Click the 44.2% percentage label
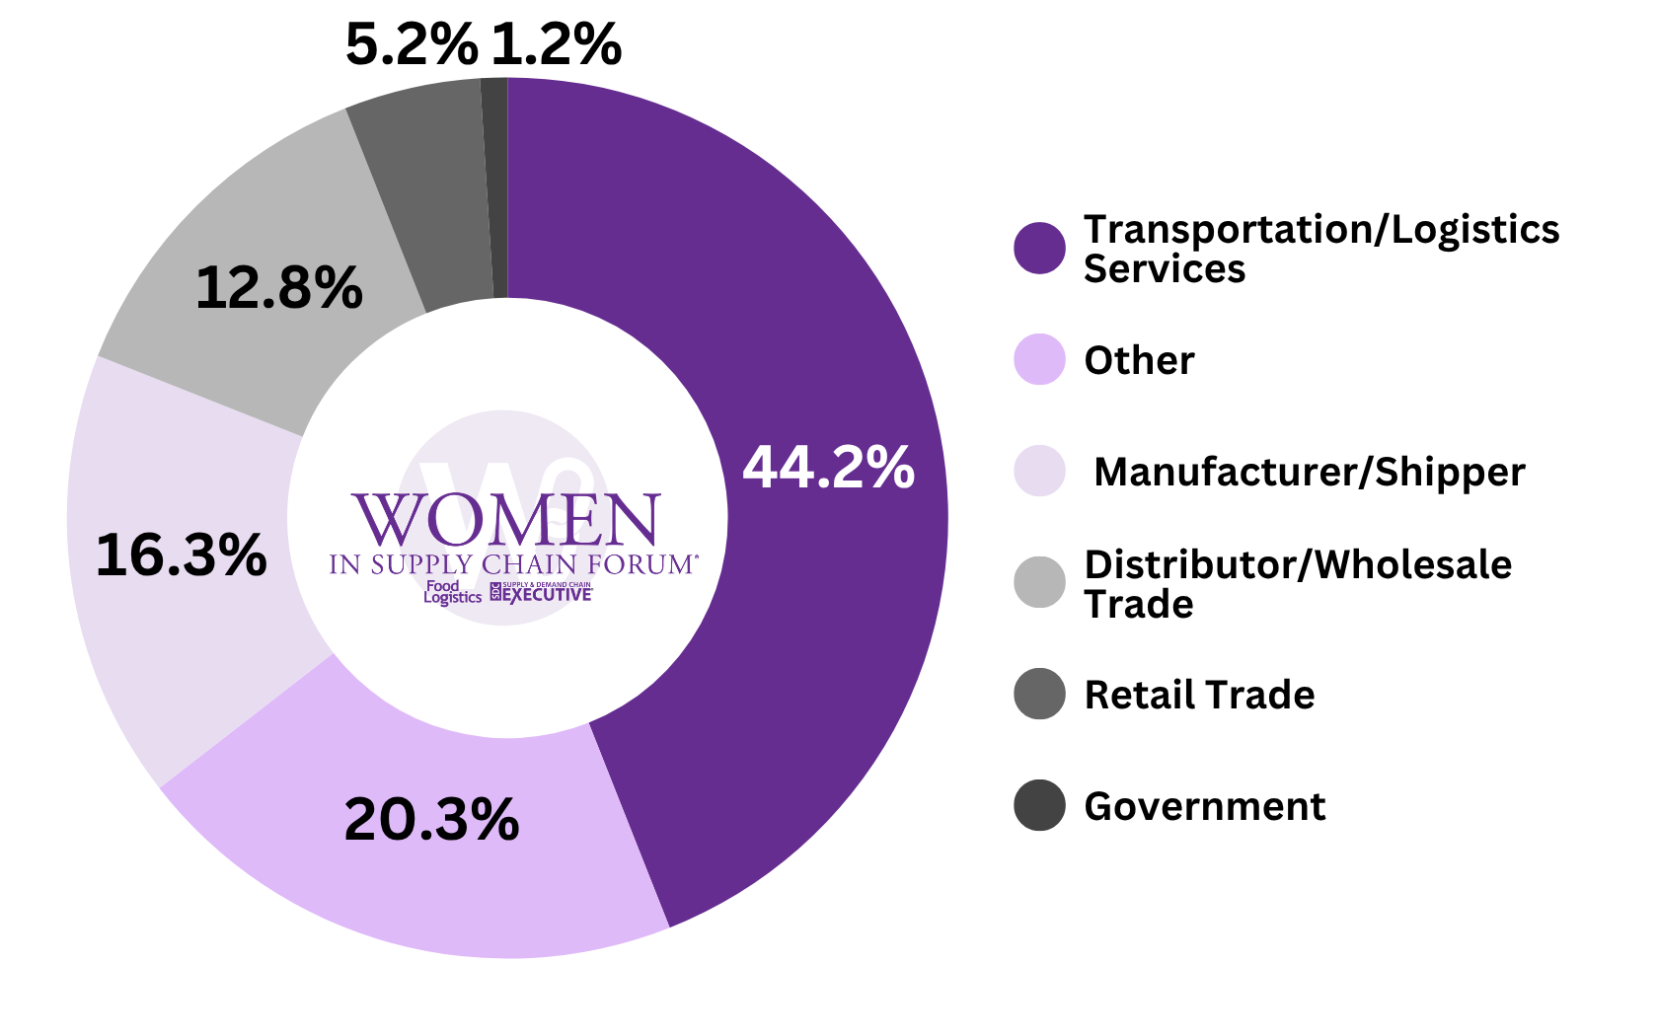828,467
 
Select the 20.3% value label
431,819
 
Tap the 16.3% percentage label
181,555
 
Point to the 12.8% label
279,288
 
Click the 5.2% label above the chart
412,45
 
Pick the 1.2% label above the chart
556,45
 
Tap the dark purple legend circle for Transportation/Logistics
1039,248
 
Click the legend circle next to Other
1039,359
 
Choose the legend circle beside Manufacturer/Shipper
1039,471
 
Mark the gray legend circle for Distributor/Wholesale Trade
1039,582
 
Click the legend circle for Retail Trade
1039,694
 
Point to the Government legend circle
1039,805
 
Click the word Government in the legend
1204,806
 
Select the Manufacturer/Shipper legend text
1309,472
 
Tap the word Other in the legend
1139,360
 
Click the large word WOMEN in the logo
506,520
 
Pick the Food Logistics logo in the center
452,592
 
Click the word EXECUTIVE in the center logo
547,595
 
